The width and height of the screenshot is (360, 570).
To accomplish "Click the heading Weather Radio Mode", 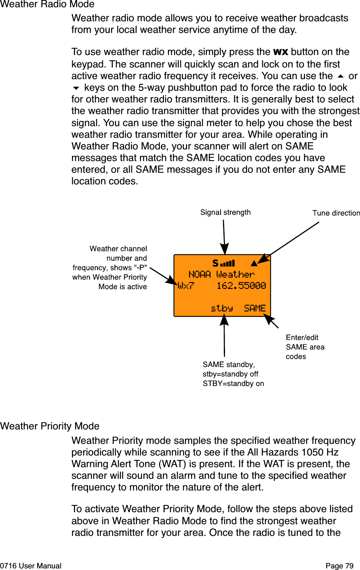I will click(x=47, y=4).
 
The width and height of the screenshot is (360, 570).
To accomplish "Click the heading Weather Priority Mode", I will click(x=50, y=426).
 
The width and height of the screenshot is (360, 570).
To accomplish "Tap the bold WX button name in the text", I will click(x=280, y=52).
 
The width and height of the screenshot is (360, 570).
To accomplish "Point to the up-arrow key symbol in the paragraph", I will click(x=341, y=76).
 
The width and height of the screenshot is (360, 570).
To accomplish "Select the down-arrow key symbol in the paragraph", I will click(x=76, y=88).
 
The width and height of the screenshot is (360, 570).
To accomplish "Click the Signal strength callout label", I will click(x=225, y=212).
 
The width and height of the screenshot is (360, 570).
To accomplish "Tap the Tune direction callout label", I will click(x=336, y=213).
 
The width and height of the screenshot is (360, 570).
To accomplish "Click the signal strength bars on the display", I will click(x=227, y=264).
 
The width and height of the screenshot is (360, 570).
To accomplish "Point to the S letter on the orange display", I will click(x=215, y=264).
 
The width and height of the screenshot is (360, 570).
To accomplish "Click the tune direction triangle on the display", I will click(x=253, y=264).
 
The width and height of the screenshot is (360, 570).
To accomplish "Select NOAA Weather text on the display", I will click(x=221, y=274).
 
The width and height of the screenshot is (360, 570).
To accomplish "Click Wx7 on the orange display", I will click(x=186, y=286).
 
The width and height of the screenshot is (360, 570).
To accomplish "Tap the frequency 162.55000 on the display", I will click(x=241, y=286).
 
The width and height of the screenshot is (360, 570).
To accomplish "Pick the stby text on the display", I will click(x=222, y=308).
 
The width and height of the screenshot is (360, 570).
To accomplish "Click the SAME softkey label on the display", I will click(x=255, y=308).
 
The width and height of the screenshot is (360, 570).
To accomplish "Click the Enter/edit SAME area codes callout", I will click(x=305, y=347).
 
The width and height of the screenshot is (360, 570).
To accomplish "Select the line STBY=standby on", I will click(x=233, y=384).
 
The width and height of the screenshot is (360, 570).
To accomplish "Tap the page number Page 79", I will click(x=340, y=566).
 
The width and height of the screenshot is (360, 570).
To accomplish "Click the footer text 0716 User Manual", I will click(x=31, y=566).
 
